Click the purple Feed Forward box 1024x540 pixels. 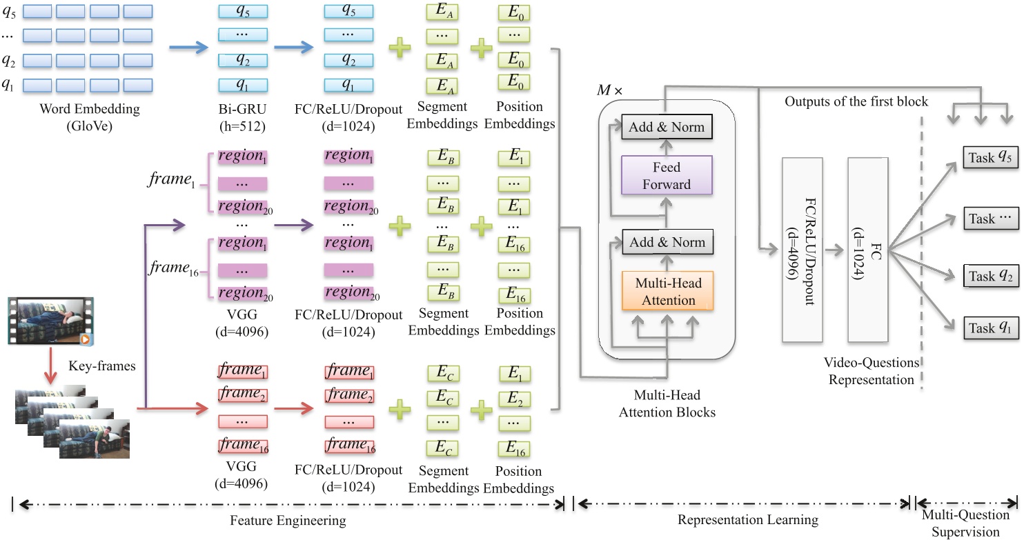coord(667,175)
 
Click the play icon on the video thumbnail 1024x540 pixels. coord(86,339)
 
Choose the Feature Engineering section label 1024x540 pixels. coord(288,519)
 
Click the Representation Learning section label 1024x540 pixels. coord(747,519)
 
